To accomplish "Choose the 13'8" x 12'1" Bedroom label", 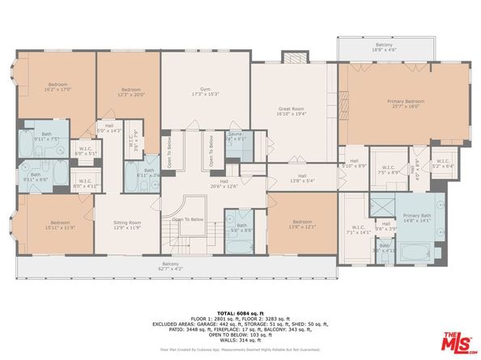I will point(301,224).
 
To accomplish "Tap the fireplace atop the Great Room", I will point(292,57).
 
